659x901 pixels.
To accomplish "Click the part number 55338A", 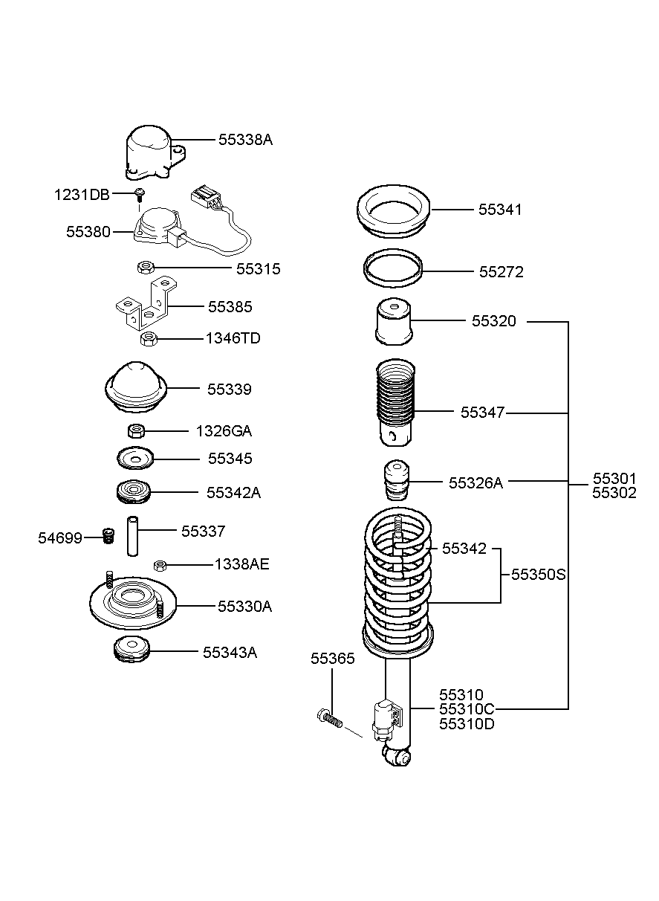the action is [x=245, y=140].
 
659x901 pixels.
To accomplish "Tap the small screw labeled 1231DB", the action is [x=140, y=195].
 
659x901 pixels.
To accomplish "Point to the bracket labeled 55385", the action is [x=146, y=305].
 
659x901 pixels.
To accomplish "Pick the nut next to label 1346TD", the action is [x=149, y=338].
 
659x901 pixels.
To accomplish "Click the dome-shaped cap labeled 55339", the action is [x=136, y=387].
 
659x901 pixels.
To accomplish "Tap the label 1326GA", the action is [x=224, y=431].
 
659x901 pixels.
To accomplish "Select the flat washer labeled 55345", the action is [x=135, y=459].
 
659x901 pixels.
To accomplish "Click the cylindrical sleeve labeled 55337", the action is [x=133, y=536].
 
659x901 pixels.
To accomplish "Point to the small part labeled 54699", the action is [x=107, y=536].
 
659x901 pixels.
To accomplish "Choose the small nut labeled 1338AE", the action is [x=160, y=566].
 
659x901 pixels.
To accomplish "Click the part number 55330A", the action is [x=245, y=606].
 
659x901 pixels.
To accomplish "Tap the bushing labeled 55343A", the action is [x=132, y=649].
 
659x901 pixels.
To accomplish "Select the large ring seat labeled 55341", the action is [x=394, y=211].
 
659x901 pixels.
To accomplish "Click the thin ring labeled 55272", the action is [x=393, y=268].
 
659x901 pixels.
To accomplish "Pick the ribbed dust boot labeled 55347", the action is [x=396, y=402].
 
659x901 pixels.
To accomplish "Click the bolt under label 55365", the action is [x=330, y=718].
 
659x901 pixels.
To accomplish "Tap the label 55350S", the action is [x=538, y=575].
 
